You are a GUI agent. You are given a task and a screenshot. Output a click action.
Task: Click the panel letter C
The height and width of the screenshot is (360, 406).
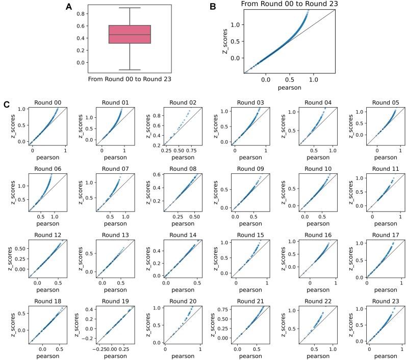click(7, 104)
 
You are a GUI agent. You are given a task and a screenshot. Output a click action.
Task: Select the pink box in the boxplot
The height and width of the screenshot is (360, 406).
click(130, 34)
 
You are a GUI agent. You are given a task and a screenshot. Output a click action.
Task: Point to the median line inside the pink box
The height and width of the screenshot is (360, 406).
click(130, 35)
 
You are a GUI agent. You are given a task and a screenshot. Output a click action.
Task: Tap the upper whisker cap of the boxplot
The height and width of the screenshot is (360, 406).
click(130, 8)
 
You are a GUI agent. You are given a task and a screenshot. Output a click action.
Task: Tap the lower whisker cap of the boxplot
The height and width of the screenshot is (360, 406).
click(130, 70)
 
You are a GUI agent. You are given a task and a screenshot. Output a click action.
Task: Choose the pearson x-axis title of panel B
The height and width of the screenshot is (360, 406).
click(289, 87)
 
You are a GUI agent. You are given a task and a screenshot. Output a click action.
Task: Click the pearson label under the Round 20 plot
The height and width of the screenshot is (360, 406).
click(182, 355)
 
